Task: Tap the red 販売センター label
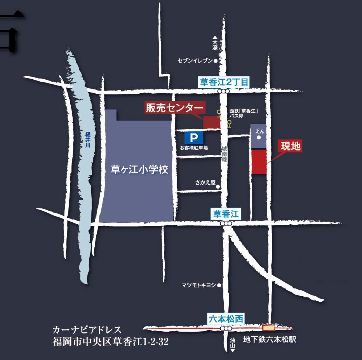(x=174, y=107)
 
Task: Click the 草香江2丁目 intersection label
(x=223, y=82)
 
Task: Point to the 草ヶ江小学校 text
(x=139, y=170)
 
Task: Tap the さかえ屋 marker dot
(x=218, y=187)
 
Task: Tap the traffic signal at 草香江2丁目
(x=223, y=91)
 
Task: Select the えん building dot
(x=259, y=138)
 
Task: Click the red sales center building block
(x=212, y=122)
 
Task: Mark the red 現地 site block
(x=259, y=162)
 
